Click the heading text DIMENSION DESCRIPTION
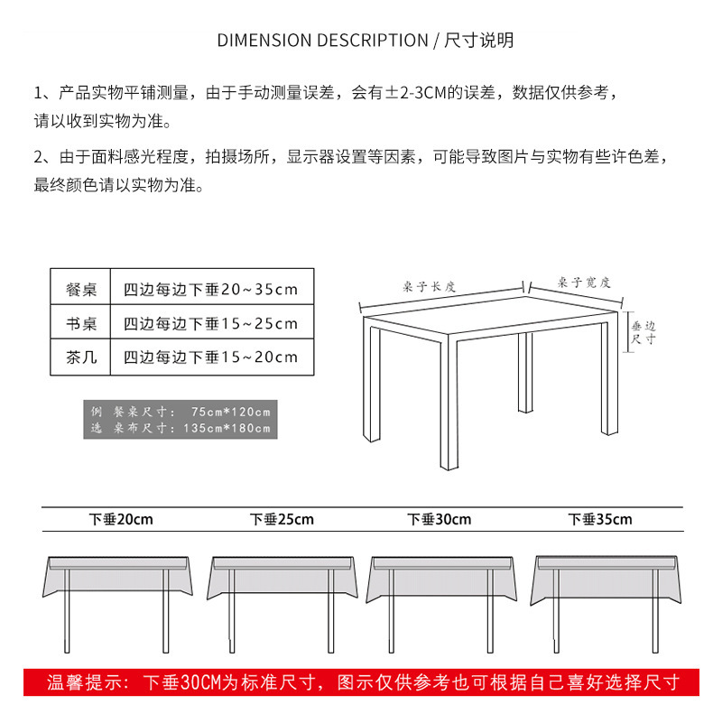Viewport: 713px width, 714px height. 322,41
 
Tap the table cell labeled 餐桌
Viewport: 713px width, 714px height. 81,290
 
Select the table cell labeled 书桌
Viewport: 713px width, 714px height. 81,323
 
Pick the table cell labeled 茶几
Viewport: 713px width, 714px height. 81,357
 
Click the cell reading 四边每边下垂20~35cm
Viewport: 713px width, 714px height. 210,290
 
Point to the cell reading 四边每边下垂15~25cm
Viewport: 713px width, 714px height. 210,323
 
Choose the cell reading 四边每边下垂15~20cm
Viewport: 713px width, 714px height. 210,357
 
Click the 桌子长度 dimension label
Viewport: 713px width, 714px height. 430,286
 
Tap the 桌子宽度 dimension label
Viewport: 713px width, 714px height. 584,283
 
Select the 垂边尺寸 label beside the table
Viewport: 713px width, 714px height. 643,333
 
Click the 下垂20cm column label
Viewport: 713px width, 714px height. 121,519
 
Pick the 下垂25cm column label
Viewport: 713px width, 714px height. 282,519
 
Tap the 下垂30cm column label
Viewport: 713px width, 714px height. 439,519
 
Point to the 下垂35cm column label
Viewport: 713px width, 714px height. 600,519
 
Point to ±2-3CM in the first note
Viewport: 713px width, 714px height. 423,92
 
